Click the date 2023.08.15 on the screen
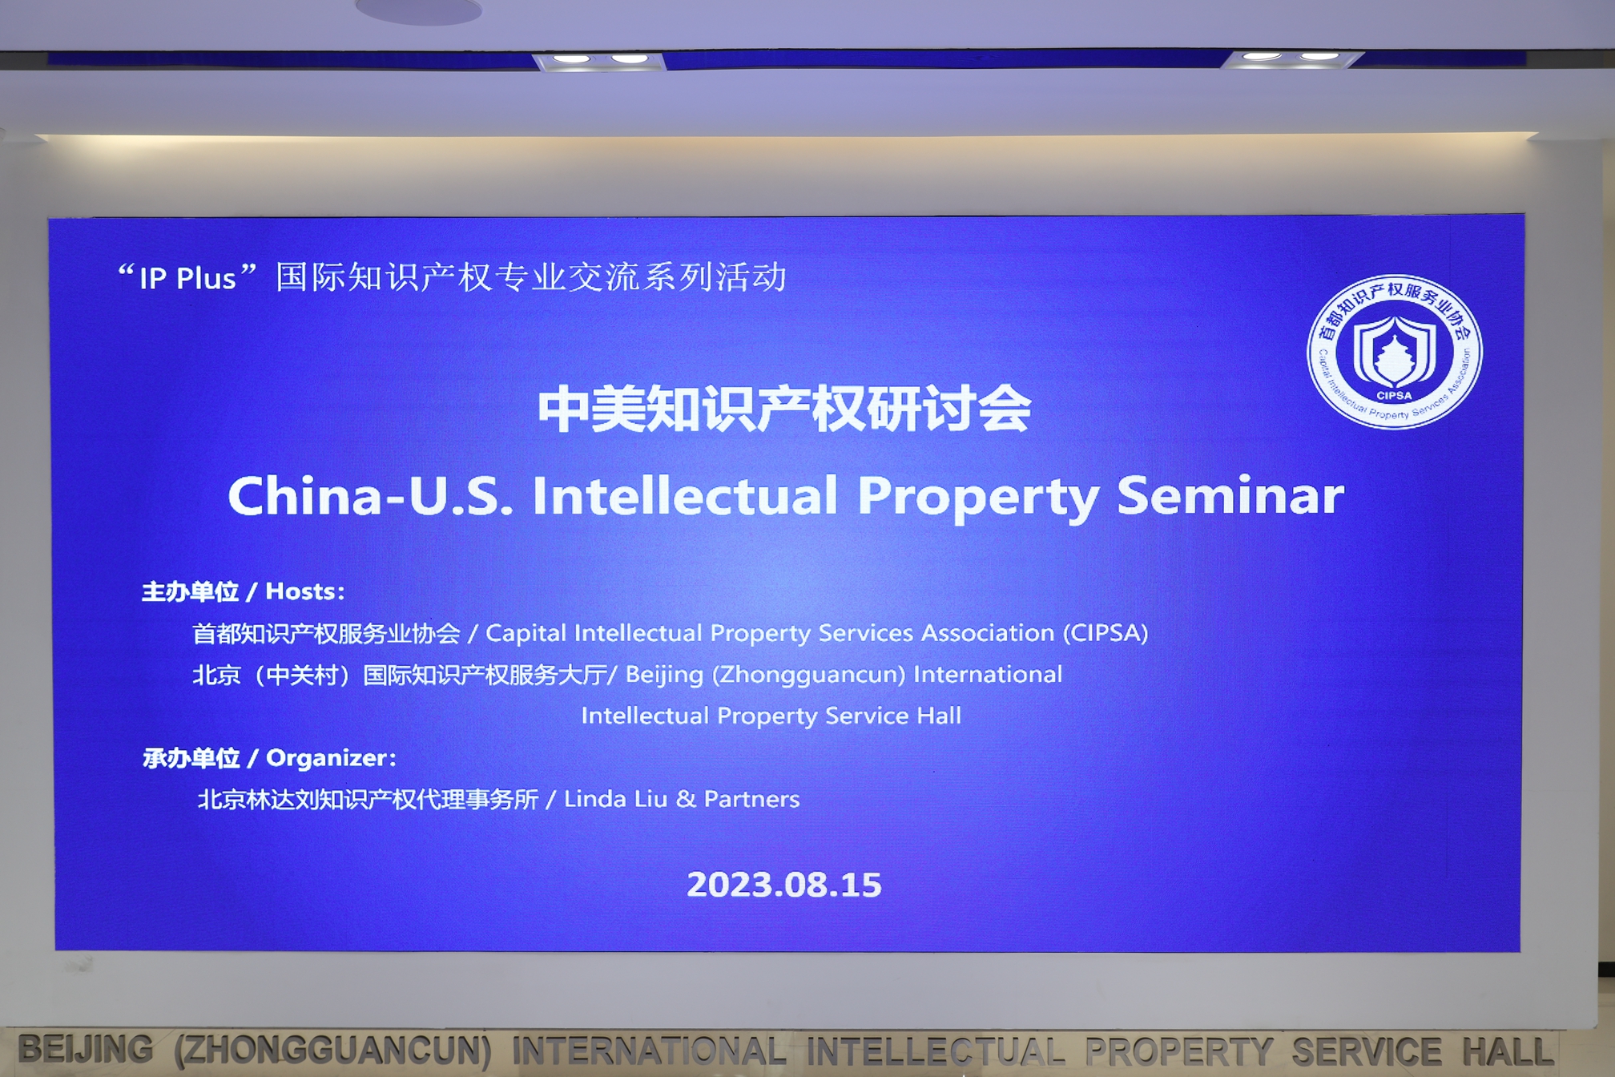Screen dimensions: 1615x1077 click(783, 885)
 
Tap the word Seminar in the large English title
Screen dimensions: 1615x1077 click(1230, 495)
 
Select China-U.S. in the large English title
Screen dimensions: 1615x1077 click(371, 495)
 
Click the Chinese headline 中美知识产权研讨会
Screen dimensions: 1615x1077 click(784, 409)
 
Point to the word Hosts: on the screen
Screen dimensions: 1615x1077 click(305, 591)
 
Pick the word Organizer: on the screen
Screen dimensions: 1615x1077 click(331, 758)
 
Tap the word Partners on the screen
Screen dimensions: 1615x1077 click(751, 799)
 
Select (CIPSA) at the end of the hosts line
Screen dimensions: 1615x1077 click(1106, 633)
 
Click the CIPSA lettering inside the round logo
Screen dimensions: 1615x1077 click(1394, 395)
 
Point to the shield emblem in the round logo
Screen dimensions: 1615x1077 click(1394, 351)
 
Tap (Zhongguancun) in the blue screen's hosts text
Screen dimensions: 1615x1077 click(809, 675)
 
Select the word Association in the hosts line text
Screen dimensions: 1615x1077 click(988, 633)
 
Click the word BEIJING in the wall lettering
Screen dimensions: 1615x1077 click(86, 1050)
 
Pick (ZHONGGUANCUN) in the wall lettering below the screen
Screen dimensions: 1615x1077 click(333, 1051)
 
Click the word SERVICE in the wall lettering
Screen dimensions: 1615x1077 click(1366, 1051)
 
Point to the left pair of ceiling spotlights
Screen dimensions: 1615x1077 click(600, 59)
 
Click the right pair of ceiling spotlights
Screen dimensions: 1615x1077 click(1291, 57)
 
